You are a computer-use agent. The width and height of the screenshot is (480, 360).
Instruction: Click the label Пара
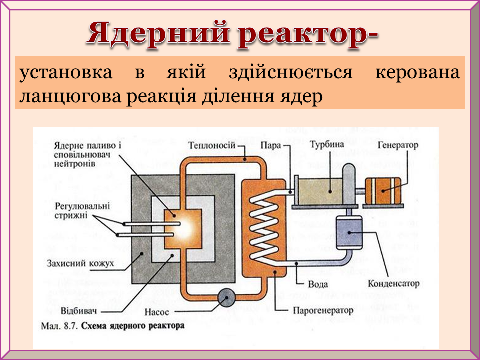(270, 145)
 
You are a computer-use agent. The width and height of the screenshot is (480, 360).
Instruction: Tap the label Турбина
(327, 145)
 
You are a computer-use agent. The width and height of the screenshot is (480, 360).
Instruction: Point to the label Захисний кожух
(80, 262)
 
